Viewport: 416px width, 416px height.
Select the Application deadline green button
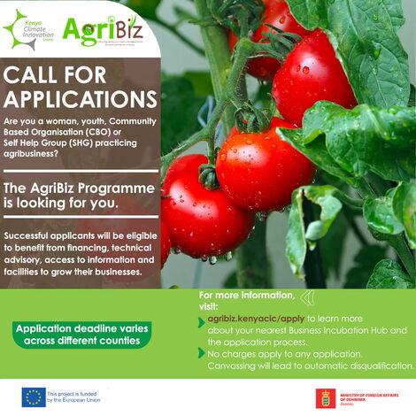(82, 333)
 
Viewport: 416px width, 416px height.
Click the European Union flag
(34, 397)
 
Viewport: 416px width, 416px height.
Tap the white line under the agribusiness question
(81, 172)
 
